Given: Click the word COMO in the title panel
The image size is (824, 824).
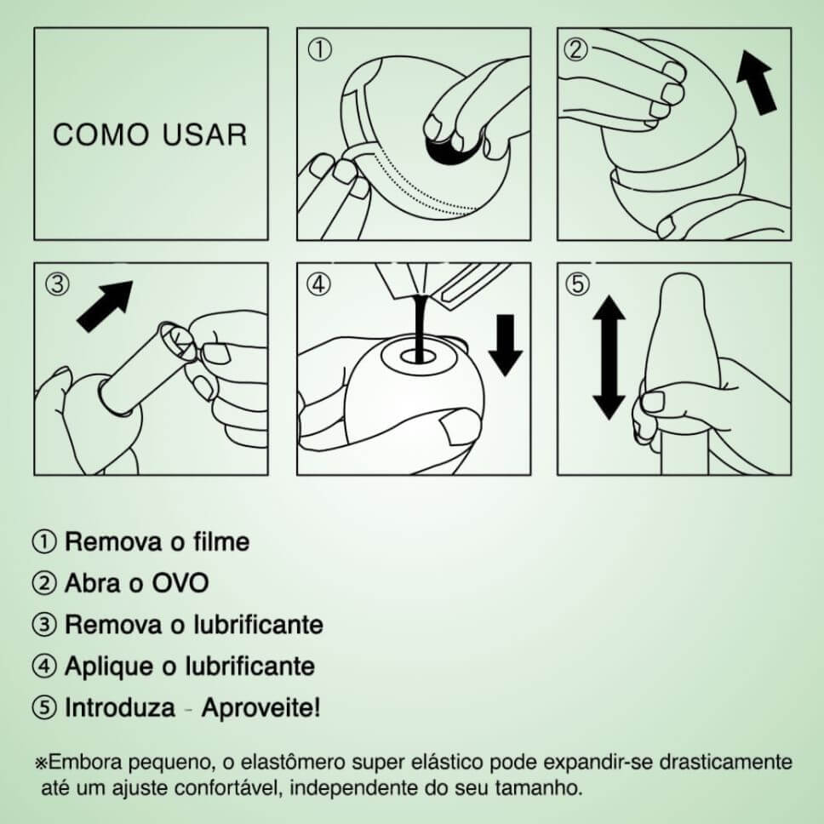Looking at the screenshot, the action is click(x=101, y=134).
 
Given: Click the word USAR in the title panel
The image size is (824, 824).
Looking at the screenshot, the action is click(x=205, y=134).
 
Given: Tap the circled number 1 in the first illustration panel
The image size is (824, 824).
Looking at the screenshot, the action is click(x=319, y=50).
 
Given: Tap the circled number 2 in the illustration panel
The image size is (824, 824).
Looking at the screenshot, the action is click(x=576, y=50).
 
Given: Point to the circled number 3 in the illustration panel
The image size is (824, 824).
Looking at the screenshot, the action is click(x=57, y=283).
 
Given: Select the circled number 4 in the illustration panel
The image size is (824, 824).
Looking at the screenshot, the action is click(x=318, y=284).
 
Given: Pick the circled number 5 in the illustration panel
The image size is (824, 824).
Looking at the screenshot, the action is click(x=577, y=283).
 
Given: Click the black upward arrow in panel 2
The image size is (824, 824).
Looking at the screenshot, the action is click(x=756, y=83).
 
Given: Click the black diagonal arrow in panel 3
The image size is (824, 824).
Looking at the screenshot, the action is click(x=105, y=306).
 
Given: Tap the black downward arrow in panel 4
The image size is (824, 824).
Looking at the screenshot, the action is click(x=506, y=346).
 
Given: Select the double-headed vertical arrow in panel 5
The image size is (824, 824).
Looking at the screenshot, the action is click(x=609, y=358).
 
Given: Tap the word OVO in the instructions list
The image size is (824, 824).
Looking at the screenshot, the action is click(x=180, y=583).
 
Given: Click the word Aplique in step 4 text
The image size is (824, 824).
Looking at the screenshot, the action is click(x=110, y=667).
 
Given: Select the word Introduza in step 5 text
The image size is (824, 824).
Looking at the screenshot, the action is click(x=119, y=707).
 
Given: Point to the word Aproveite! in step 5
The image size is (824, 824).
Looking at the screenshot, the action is click(x=260, y=707).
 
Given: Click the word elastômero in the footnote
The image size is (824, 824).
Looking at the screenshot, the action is click(x=292, y=762).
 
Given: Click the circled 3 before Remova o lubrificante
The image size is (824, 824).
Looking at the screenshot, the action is click(x=44, y=625).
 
